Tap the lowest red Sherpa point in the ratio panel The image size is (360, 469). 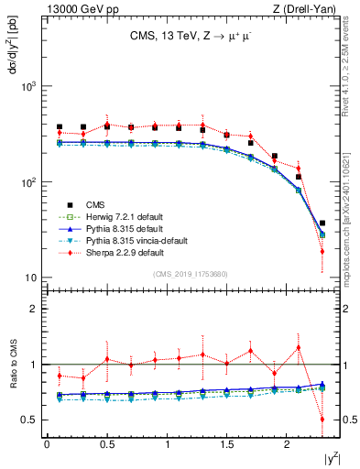click(322, 420)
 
